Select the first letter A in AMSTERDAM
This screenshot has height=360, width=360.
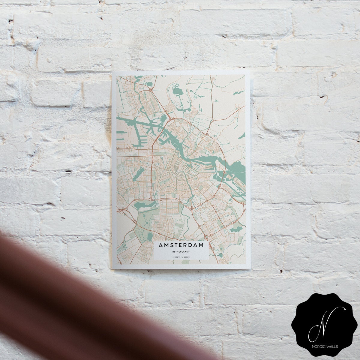161,245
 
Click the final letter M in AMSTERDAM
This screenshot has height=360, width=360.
204,245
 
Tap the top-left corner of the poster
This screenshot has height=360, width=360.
112,72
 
